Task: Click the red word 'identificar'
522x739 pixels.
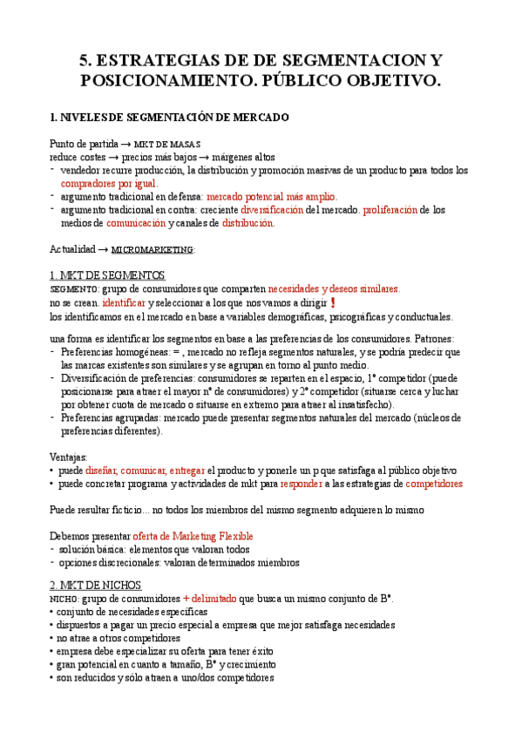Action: (124, 302)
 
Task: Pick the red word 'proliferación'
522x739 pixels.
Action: (390, 210)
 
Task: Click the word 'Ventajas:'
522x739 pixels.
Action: (69, 456)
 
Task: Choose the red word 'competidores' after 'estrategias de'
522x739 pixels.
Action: (434, 483)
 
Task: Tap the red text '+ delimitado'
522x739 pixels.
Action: (209, 599)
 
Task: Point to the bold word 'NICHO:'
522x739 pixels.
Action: (64, 600)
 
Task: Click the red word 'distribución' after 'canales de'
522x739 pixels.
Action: (247, 223)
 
